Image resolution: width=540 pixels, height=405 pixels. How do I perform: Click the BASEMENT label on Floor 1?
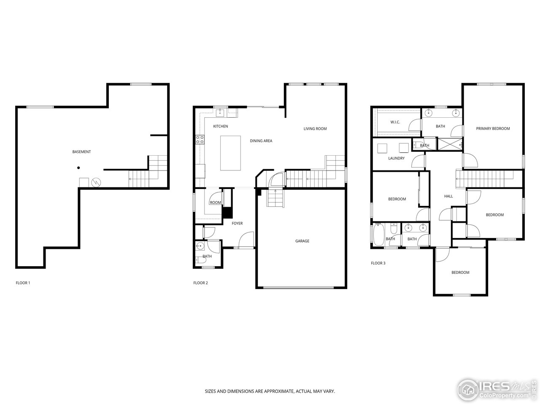tap(81, 152)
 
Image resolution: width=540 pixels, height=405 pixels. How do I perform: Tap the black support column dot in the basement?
tap(78, 168)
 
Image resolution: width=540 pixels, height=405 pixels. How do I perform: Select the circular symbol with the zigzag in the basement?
tap(96, 182)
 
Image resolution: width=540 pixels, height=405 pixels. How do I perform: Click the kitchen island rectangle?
tap(230, 153)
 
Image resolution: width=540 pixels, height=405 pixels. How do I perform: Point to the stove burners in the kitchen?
tap(200, 139)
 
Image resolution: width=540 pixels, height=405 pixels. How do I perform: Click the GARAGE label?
tap(302, 241)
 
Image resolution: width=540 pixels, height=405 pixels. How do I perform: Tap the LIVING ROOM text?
tap(315, 129)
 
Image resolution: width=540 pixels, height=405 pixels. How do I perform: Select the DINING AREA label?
tap(261, 141)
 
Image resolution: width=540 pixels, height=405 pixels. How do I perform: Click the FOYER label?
tap(237, 223)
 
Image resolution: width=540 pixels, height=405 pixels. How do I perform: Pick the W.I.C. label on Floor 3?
tap(395, 122)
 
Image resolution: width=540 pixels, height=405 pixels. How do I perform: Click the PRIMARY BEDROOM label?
tap(493, 128)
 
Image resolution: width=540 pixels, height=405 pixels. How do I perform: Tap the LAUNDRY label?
tap(396, 158)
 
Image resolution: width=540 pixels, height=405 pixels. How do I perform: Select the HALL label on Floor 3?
tap(448, 196)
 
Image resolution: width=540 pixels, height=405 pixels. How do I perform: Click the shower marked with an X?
tap(450, 144)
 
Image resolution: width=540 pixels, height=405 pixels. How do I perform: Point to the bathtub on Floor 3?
tap(378, 234)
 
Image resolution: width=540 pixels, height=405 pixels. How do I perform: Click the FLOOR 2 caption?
tap(200, 283)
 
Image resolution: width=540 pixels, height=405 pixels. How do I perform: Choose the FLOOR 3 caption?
tap(378, 263)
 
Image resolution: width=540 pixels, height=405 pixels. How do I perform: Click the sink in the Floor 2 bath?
tap(200, 246)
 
